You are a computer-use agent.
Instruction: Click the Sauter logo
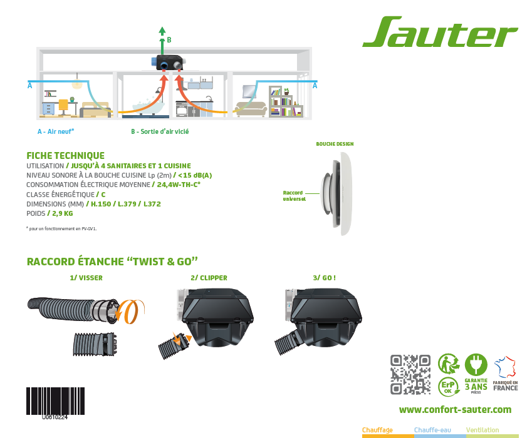[440, 31]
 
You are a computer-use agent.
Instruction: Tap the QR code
[410, 374]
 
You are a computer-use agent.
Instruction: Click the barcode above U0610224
[55, 400]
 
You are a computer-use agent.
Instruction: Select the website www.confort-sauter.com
[455, 410]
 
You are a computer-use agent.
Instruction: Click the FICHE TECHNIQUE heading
[66, 155]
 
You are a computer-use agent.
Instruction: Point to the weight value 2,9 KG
[63, 213]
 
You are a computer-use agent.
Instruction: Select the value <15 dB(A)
[195, 175]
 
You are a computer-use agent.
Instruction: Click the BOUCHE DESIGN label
[335, 144]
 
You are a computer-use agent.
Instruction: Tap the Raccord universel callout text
[294, 196]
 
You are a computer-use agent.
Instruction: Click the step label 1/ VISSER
[86, 278]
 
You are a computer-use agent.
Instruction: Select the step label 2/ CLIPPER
[209, 278]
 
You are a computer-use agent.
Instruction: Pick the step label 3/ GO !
[325, 278]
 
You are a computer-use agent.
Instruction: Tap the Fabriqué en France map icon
[505, 367]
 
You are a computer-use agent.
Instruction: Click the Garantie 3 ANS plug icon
[476, 365]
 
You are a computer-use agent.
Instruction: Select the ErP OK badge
[448, 386]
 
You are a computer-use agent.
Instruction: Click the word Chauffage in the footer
[377, 430]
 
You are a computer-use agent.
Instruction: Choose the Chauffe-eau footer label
[432, 430]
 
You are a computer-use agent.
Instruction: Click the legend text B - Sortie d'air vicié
[160, 131]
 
